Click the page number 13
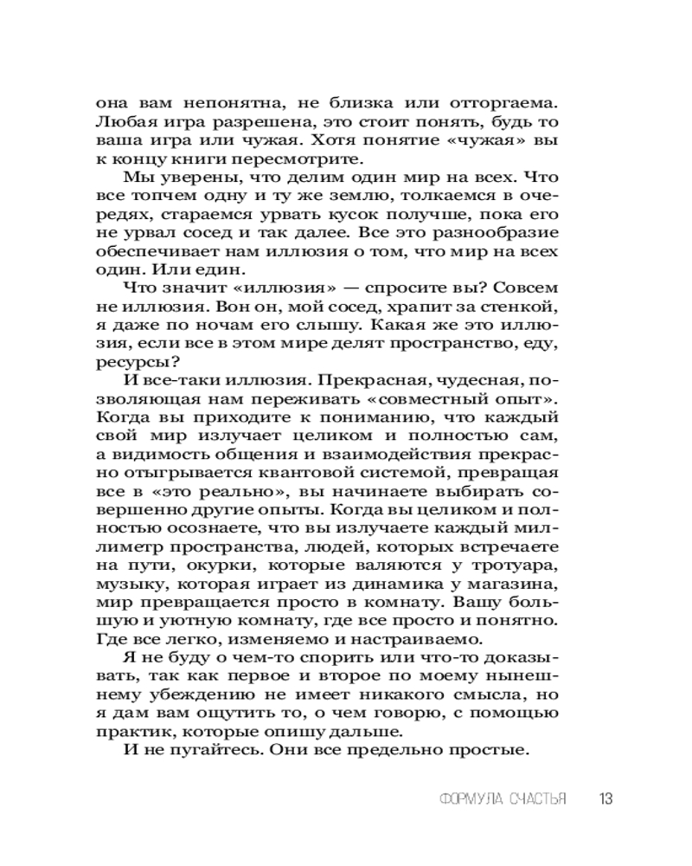point(605,798)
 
